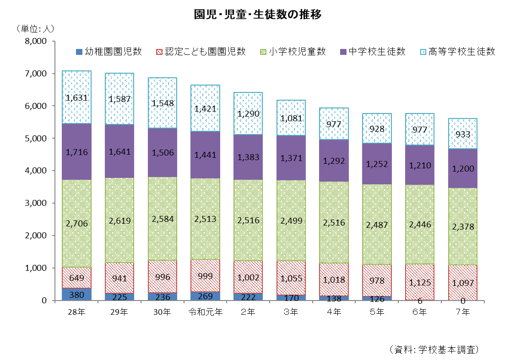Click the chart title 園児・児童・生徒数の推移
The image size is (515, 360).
click(x=258, y=15)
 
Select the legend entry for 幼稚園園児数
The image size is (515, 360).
click(x=108, y=51)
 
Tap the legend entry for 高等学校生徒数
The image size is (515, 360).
click(x=457, y=51)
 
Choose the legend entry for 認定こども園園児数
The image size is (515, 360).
click(x=201, y=51)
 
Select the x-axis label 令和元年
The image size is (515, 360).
click(x=206, y=312)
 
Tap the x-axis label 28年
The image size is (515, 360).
click(x=76, y=312)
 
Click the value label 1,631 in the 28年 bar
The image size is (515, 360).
click(x=77, y=97)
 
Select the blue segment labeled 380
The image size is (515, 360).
click(x=77, y=295)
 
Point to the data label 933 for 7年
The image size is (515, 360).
click(x=463, y=134)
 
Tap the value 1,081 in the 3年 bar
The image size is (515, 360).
click(x=291, y=118)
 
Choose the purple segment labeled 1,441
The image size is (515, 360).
click(x=206, y=156)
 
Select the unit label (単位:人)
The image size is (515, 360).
click(x=35, y=29)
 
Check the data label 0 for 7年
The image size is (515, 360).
click(x=463, y=301)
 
